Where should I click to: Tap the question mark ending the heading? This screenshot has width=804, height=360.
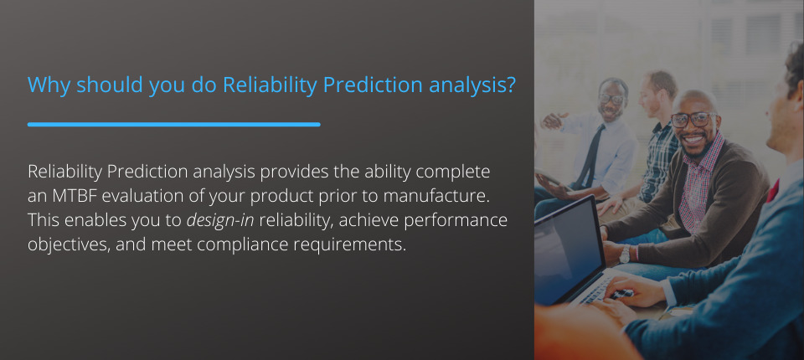510,85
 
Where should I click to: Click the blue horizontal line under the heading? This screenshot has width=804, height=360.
174,124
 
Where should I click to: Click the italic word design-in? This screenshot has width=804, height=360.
220,220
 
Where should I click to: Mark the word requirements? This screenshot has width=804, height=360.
350,245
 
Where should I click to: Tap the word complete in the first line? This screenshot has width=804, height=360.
453,172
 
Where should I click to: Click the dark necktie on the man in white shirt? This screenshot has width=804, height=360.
589,155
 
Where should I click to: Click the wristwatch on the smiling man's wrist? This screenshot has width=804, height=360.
625,254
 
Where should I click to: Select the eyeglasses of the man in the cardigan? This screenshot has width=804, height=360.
693,120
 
